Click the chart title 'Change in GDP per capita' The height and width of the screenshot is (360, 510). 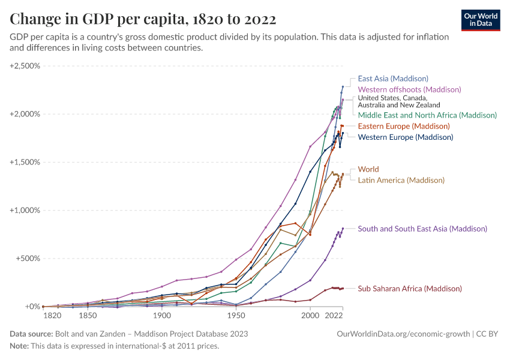point(143,19)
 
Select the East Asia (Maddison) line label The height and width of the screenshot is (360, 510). point(393,78)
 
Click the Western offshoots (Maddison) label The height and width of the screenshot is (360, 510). point(409,89)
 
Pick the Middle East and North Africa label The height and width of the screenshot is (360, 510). point(427,115)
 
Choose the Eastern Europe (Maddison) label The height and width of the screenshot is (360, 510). point(404,127)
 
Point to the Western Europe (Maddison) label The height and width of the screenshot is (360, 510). point(405,137)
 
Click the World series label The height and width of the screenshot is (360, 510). point(368,169)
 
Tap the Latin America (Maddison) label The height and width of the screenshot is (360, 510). point(401,180)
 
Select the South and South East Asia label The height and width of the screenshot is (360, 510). point(422,229)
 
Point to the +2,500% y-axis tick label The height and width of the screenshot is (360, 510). point(25,65)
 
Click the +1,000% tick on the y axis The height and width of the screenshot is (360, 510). point(25,210)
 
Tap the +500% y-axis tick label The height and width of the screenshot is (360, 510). point(28,259)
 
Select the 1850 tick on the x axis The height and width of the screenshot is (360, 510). point(88,315)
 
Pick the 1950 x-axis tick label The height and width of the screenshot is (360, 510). point(236,315)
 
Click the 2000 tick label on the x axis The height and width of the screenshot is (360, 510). point(310,315)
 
